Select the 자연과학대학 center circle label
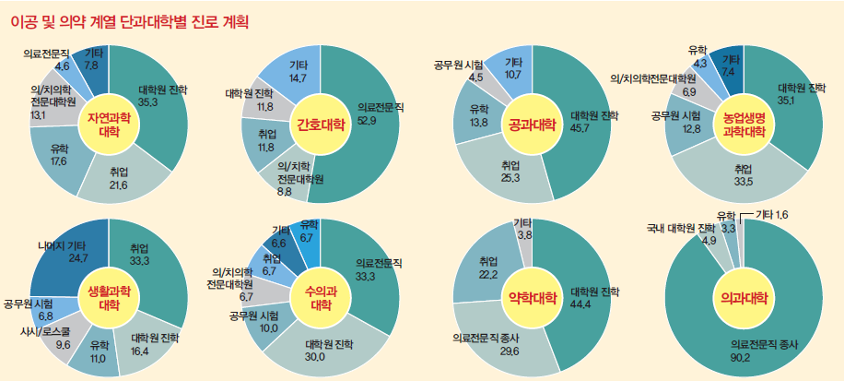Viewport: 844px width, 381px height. (x=109, y=125)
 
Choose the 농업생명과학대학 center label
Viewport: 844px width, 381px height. (x=744, y=125)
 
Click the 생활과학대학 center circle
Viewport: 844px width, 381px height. (x=109, y=296)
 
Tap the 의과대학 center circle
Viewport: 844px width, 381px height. (x=744, y=297)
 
